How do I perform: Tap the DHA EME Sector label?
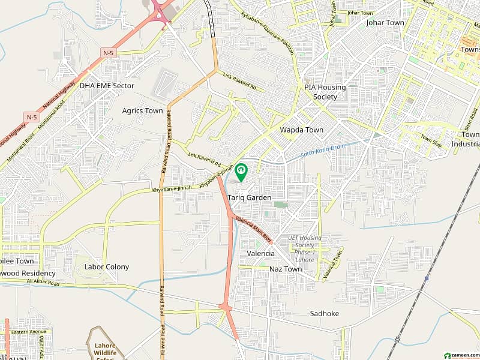[107, 86]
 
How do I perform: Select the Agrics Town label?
[142, 110]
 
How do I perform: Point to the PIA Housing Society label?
[325, 92]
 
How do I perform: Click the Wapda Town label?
[301, 130]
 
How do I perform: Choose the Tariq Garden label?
[250, 197]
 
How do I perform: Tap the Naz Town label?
[286, 269]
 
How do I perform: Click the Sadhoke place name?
[325, 313]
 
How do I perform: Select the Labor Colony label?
[107, 267]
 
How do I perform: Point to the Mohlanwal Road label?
[50, 127]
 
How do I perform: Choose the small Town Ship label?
[430, 139]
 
